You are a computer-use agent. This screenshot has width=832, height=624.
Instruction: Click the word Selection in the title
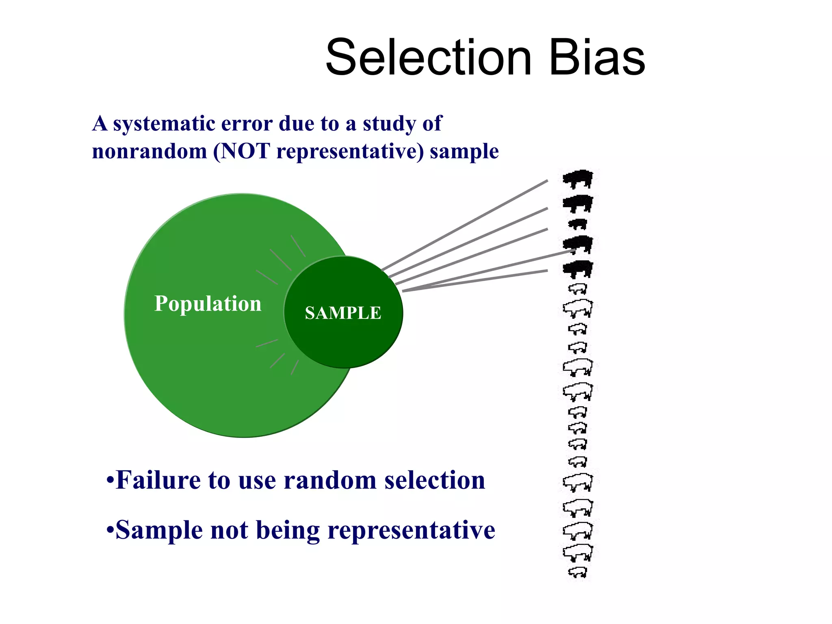[x=429, y=57]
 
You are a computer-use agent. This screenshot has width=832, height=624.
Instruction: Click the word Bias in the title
[x=597, y=57]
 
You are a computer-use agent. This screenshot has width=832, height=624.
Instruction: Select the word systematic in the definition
[x=164, y=123]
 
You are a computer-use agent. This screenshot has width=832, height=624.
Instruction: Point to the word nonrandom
[x=149, y=152]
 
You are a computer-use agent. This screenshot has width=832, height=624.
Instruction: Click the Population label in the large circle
[x=208, y=303]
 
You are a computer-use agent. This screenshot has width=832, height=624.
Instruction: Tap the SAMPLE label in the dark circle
[x=343, y=313]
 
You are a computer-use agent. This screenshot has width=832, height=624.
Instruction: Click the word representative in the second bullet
[x=411, y=530]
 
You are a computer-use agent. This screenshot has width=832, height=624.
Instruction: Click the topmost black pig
[x=578, y=179]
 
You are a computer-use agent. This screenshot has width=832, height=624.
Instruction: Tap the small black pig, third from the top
[x=578, y=224]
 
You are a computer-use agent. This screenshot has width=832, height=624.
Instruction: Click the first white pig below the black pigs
[x=578, y=289]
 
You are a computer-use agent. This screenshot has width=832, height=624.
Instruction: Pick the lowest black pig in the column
[x=578, y=269]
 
